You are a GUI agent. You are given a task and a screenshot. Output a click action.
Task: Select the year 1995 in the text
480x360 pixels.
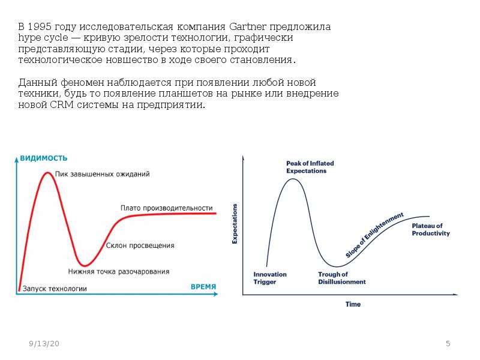40,28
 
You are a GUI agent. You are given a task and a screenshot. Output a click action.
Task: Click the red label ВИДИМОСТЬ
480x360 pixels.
44,158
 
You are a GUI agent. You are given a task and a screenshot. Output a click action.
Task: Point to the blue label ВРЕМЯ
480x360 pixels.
203,287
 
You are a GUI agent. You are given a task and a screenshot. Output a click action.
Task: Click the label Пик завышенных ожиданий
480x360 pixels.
102,174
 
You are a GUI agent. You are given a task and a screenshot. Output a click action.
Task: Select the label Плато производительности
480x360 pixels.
167,207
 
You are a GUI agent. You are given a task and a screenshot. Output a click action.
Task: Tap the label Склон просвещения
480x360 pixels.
140,245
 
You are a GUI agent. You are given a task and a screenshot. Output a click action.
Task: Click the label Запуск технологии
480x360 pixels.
55,289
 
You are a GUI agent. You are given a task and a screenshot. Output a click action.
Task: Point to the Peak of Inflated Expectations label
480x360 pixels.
310,167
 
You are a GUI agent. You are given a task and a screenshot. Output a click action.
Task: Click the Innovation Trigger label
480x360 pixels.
270,278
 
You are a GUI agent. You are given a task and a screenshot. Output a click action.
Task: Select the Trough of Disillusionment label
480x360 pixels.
341,278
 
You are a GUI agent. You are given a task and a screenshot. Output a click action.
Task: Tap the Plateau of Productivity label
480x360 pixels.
430,230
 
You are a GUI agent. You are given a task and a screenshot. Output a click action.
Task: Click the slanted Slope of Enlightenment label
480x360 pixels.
375,235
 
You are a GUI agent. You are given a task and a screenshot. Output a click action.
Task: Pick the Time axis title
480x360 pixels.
353,304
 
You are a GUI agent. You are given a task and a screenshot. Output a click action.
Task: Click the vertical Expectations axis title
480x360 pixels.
235,223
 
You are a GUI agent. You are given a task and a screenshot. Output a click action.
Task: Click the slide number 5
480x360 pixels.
448,343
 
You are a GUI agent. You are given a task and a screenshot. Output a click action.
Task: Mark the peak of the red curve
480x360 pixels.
47,173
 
